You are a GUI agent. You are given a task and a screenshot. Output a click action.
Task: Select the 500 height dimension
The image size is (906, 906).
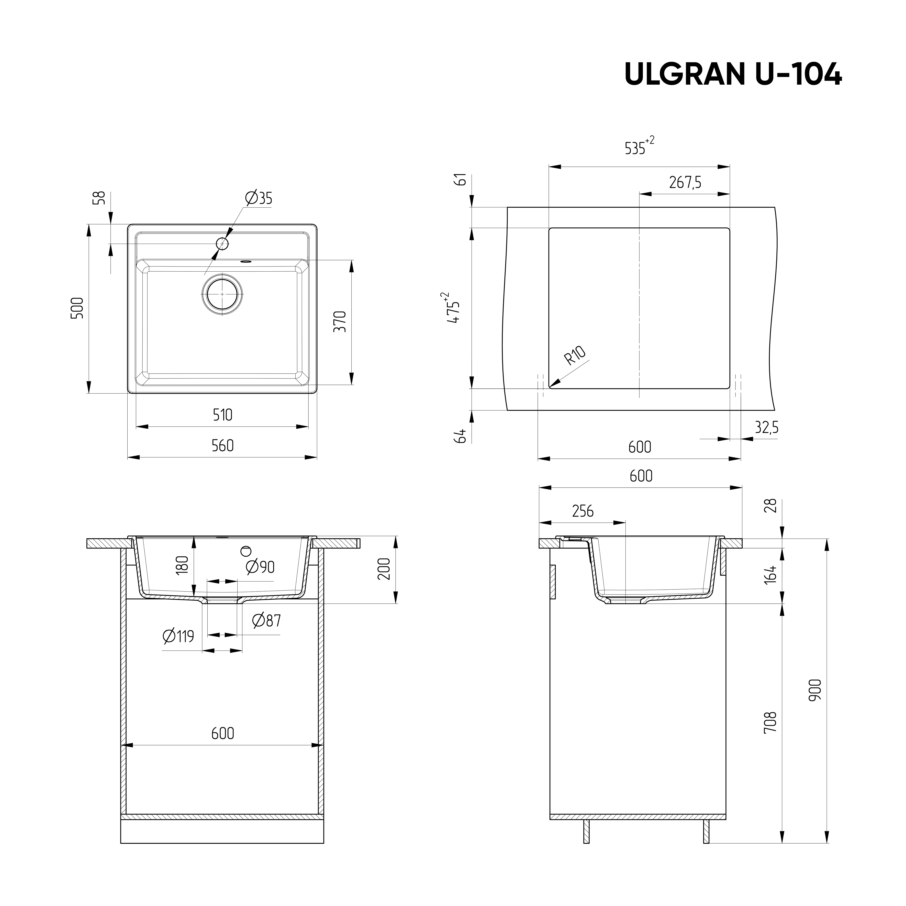pos(77,308)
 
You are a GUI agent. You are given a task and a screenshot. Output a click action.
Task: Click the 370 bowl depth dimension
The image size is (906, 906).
pos(340,322)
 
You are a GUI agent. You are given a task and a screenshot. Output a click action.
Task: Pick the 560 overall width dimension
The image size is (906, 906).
pos(222,445)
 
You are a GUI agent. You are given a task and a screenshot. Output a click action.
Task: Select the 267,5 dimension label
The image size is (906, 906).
pos(685,182)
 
